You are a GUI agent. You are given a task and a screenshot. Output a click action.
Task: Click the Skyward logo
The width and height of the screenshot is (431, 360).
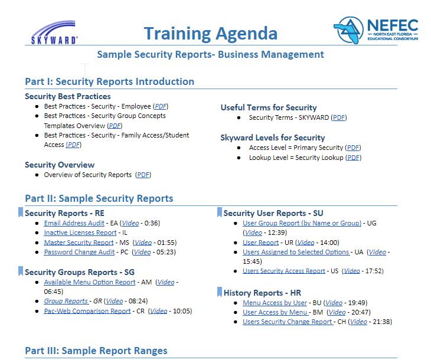coord(54,32)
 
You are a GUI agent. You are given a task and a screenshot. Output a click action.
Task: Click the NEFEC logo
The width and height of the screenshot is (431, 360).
coord(376,30)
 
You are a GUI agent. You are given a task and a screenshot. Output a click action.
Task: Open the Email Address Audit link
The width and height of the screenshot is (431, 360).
coord(74,223)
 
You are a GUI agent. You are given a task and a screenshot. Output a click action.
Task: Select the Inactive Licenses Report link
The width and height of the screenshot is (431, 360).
coord(80,233)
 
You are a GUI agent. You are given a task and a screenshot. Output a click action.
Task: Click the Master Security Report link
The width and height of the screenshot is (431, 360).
coord(79,243)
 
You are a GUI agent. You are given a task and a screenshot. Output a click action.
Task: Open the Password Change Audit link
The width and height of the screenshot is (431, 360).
coord(79,252)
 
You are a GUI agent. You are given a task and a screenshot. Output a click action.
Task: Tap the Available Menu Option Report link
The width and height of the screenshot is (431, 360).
coord(90,282)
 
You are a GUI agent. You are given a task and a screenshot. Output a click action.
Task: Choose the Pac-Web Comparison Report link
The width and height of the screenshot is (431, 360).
coord(87,311)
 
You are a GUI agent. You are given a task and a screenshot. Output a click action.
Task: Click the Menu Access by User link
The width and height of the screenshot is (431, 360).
coord(275,303)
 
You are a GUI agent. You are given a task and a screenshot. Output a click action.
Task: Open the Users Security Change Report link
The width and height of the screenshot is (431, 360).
coord(288,322)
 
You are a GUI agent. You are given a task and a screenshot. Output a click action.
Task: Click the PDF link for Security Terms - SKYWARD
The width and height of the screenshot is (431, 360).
coord(339,117)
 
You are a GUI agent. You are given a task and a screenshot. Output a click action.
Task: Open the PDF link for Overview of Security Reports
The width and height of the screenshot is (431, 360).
coord(143,175)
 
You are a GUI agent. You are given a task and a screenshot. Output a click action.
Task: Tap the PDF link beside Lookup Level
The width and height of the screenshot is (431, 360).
coord(353,158)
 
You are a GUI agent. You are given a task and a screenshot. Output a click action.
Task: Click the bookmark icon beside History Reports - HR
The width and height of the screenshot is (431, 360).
coord(220,292)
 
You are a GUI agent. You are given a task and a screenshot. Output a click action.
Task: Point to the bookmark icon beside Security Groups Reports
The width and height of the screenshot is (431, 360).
coord(21,271)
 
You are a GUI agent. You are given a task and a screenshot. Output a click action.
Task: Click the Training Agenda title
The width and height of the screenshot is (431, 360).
coord(211,34)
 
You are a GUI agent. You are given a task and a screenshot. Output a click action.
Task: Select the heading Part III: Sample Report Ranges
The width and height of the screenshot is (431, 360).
coord(96,351)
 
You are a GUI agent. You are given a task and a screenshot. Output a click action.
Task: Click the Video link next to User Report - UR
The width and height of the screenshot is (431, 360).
coord(306,243)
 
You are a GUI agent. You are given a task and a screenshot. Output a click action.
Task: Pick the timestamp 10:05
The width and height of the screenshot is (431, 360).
coord(182,311)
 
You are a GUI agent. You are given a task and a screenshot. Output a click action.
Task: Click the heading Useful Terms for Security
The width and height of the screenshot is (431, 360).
coord(269,107)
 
